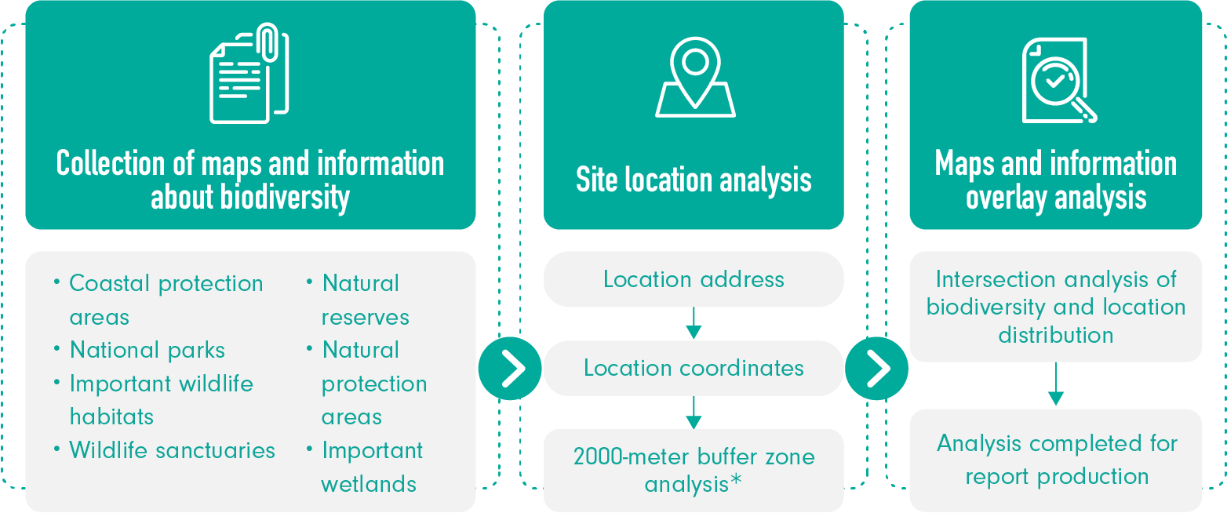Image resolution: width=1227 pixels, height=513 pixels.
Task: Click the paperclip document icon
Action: click(249, 74)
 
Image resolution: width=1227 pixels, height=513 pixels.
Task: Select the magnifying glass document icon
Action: click(1057, 80)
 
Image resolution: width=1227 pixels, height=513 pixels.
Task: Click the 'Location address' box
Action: click(694, 279)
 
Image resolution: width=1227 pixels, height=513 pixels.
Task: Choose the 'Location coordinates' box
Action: click(694, 368)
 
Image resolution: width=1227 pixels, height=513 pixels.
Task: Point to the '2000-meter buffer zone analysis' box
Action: click(694, 470)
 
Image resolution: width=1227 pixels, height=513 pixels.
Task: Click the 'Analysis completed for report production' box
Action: click(1056, 460)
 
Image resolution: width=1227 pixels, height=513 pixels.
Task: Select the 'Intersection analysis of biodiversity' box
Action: click(1056, 307)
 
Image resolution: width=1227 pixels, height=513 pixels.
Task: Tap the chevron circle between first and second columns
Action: click(510, 369)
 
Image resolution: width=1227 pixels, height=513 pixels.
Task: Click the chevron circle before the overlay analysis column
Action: click(876, 369)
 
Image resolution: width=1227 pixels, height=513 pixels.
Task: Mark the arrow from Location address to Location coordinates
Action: click(694, 323)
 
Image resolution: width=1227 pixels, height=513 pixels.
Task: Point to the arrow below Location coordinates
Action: click(694, 412)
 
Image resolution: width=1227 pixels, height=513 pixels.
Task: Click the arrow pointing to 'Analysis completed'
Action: click(1056, 385)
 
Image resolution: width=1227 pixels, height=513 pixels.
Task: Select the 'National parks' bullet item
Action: click(147, 350)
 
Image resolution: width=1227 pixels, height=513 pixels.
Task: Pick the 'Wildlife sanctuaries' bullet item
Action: click(172, 450)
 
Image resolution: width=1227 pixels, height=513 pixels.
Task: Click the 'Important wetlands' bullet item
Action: click(371, 467)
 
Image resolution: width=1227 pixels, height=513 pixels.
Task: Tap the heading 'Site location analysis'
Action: click(694, 180)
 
